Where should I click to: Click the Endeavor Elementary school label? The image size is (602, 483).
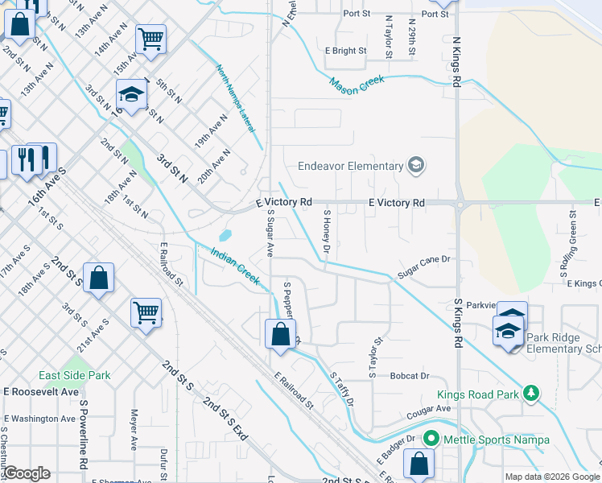click(x=350, y=167)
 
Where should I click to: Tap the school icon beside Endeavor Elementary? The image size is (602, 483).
click(x=416, y=167)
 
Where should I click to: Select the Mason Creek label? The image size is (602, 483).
click(x=357, y=84)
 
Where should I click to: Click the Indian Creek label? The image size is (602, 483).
click(x=234, y=266)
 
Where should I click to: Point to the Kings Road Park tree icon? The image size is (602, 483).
click(x=530, y=393)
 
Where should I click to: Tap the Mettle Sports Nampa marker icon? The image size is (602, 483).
click(x=431, y=440)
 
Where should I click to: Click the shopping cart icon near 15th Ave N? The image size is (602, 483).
click(x=150, y=37)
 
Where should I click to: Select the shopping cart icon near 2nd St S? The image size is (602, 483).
click(x=146, y=311)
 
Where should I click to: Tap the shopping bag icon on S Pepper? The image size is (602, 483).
click(x=279, y=333)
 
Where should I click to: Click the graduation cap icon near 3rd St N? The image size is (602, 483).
click(x=130, y=94)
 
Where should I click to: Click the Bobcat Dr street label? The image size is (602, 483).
click(x=410, y=376)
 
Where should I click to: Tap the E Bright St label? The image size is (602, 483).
click(x=345, y=51)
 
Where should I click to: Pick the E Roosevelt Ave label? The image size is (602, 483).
click(x=40, y=392)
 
